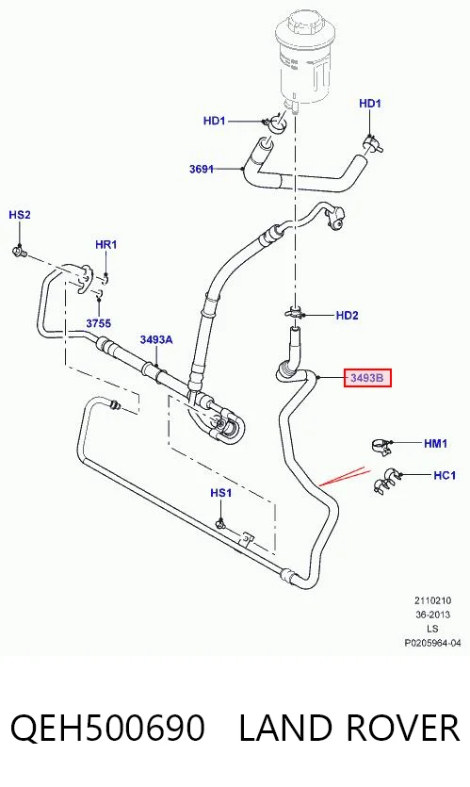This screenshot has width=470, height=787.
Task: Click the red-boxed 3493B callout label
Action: [366, 377]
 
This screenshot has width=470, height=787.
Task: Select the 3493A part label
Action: [156, 340]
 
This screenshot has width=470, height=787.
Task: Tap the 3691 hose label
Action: [202, 169]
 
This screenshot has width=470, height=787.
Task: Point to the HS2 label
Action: [20, 215]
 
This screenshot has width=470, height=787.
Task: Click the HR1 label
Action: [105, 244]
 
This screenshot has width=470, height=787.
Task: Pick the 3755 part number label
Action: [98, 323]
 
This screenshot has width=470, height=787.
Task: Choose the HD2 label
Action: [348, 315]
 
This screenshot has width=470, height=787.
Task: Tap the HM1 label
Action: [435, 444]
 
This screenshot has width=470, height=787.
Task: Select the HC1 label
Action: [445, 475]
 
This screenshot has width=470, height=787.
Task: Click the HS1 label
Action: [220, 493]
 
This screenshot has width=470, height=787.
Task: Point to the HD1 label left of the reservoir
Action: [214, 121]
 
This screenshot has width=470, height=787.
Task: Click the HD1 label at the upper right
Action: [370, 104]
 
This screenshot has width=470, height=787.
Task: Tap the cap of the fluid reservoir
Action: [301, 26]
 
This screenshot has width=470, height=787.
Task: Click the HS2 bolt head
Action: [19, 251]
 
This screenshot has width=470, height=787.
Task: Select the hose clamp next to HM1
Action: [381, 446]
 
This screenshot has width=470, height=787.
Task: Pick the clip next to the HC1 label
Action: [386, 480]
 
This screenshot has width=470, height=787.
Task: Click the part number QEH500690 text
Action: [107, 728]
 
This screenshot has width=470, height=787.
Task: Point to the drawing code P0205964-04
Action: [432, 643]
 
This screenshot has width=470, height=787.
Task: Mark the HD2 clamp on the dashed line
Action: [295, 314]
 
